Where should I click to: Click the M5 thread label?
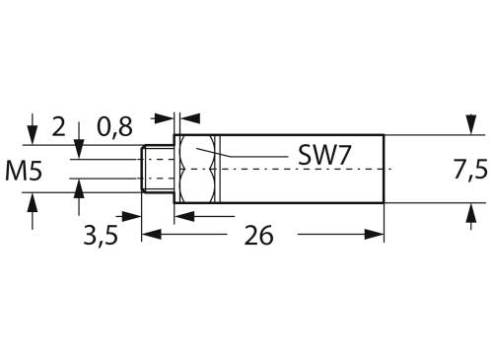click(x=23, y=170)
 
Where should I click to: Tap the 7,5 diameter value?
click(x=470, y=170)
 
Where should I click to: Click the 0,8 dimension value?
click(x=116, y=126)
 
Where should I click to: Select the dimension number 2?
click(x=58, y=126)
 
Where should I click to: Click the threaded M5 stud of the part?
click(x=158, y=170)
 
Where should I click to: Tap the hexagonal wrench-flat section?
click(x=198, y=170)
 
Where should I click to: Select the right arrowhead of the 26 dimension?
click(x=376, y=235)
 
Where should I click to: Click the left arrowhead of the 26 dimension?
click(x=151, y=235)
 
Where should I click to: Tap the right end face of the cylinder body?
click(x=383, y=170)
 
